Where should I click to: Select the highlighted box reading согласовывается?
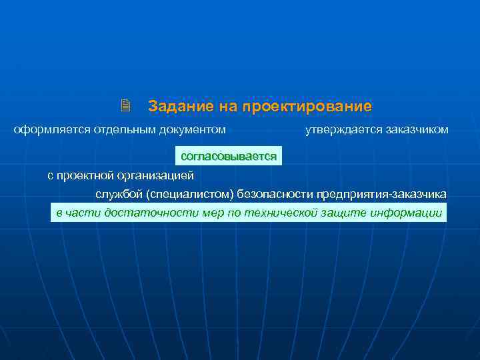click(x=229, y=156)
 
